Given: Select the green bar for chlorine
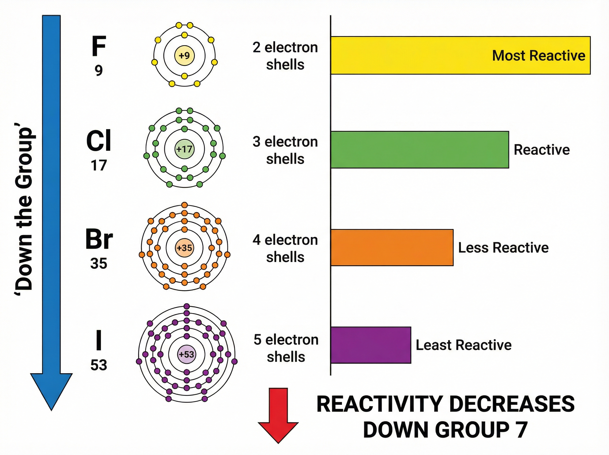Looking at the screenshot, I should point(419,150).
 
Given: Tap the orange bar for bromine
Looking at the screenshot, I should point(392,247).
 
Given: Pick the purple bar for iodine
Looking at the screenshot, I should point(371,345).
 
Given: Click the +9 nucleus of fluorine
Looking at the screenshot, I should point(184,56).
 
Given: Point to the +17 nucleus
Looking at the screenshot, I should point(184,149).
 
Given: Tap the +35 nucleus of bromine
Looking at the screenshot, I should point(184,248).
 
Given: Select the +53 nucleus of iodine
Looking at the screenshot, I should point(187,354).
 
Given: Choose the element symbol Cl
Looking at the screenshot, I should point(98,141).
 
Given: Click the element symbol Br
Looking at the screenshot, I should point(99,239).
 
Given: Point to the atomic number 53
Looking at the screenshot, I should point(98,365).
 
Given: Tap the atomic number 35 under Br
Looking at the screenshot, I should point(98,263).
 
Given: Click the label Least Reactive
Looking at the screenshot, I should point(463,345).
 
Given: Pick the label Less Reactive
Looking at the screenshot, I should point(503,247).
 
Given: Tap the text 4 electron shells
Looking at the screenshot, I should point(285,248).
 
